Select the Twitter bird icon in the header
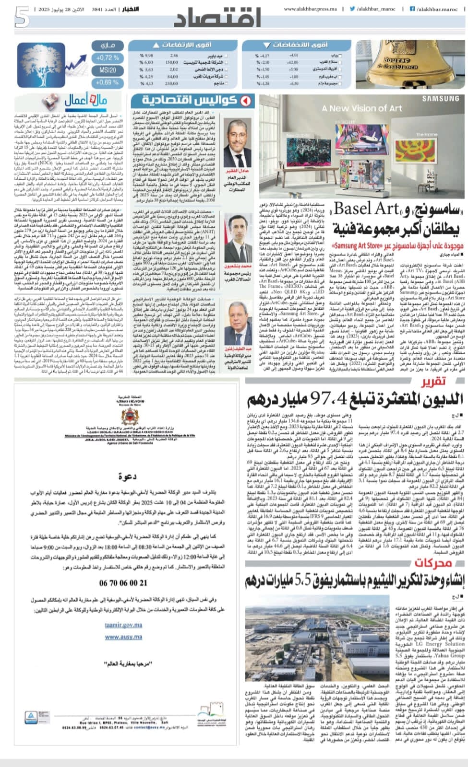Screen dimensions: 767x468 352,9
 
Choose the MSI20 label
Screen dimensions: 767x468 107,70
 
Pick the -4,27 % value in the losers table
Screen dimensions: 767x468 264,56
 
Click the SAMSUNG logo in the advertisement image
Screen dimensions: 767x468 440,100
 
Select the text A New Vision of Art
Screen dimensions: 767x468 362,108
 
